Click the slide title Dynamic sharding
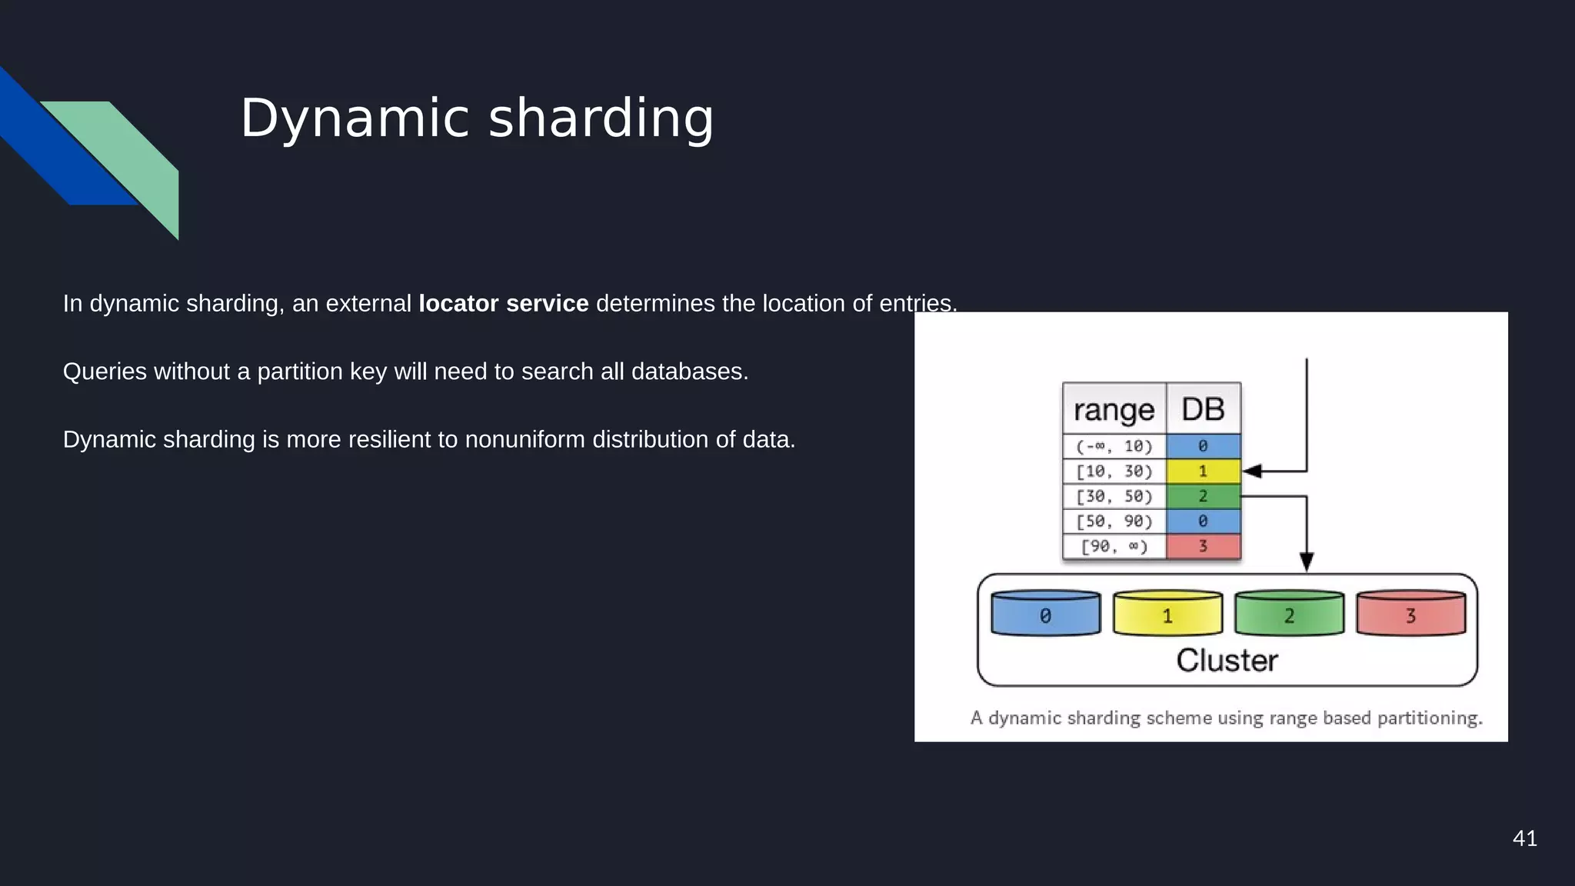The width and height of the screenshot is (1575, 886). click(477, 118)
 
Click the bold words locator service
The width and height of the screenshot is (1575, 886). click(503, 304)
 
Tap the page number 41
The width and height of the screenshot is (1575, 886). click(1524, 838)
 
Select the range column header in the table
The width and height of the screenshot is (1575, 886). click(1114, 409)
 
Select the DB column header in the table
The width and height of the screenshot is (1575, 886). click(1203, 409)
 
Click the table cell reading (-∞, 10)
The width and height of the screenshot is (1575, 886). click(1114, 446)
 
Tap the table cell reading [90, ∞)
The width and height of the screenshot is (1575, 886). click(1114, 546)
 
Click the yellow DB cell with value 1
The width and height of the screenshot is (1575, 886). click(1203, 471)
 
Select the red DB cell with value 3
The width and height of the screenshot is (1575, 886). click(1203, 546)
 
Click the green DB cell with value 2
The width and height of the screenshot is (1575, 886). click(1203, 496)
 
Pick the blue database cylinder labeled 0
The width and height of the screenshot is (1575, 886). click(1045, 615)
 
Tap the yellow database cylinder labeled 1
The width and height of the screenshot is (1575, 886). click(1167, 615)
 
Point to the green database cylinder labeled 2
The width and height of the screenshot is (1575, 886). click(1289, 615)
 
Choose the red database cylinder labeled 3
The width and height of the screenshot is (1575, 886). click(1410, 615)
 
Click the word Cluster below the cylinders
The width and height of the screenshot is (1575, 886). click(1227, 661)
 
